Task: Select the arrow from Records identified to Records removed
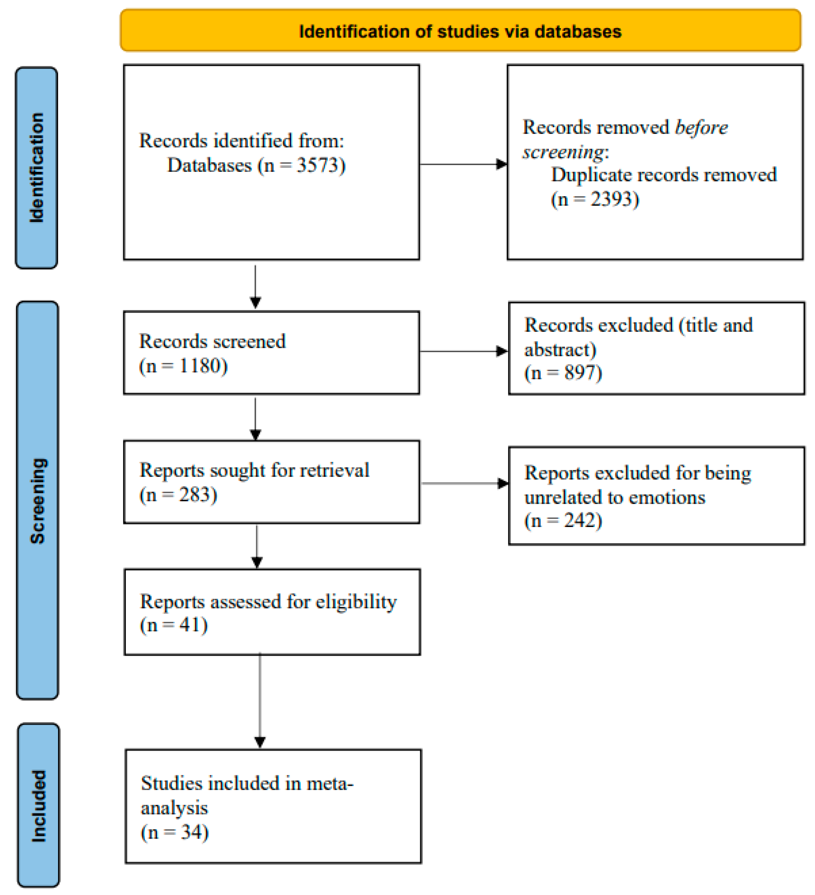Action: coord(462,164)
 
